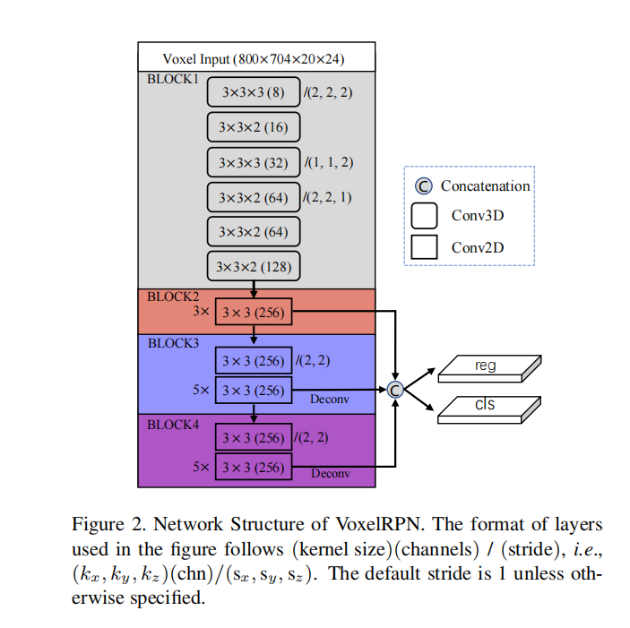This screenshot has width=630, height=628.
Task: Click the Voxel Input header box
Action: coord(255,58)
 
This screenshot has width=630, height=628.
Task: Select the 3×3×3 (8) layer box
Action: coord(254,91)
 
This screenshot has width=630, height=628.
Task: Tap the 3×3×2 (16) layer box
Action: coord(254,127)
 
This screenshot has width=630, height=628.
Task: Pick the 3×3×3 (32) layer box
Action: coord(254,162)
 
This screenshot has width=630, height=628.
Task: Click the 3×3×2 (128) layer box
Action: coord(254,267)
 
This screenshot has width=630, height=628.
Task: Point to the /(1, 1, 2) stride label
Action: coord(330,162)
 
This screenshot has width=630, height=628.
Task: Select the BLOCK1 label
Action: coord(172,79)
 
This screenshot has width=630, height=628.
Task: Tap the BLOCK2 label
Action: coord(172,296)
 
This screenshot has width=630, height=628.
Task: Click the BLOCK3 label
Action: coord(172,343)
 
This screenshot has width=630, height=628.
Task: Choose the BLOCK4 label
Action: coord(172,424)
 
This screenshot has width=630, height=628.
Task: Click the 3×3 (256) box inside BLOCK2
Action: coord(254,313)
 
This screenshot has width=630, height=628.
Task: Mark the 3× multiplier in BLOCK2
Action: coord(201,313)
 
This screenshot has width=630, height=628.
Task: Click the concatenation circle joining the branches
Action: coord(394,389)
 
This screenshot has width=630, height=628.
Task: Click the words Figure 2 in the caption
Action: coord(102,524)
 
